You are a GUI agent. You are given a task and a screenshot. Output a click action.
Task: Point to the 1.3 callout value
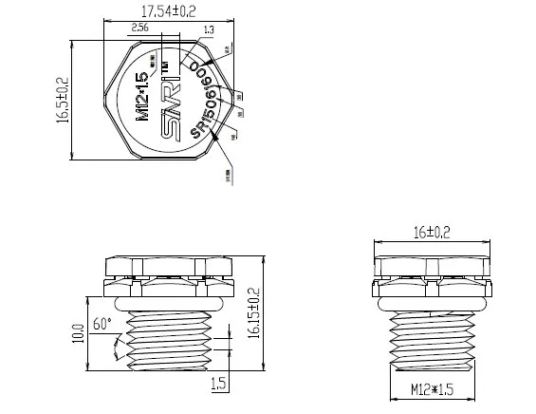pyautogui.click(x=208, y=30)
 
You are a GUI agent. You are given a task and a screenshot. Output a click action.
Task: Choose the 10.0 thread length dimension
pyautogui.click(x=77, y=335)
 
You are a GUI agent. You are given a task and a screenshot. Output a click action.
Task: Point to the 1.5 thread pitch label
pyautogui.click(x=217, y=384)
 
